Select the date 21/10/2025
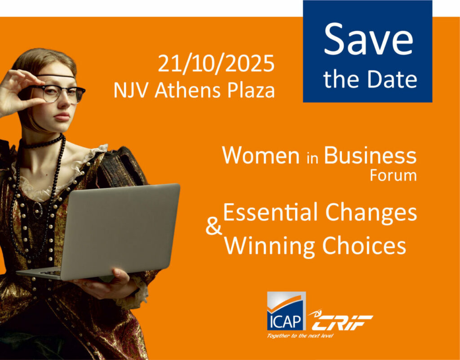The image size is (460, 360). pos(216,63)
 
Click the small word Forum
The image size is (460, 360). pos(393,175)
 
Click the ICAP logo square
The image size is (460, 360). pos(286,311)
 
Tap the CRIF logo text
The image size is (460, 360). pos(341,321)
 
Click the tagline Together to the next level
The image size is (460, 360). pos(300,335)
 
